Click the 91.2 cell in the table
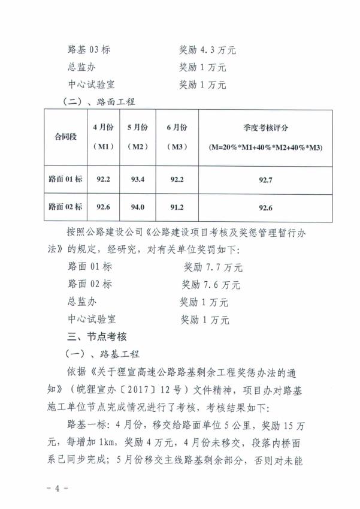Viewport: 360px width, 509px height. (x=178, y=207)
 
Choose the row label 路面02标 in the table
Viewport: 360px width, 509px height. (x=65, y=207)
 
